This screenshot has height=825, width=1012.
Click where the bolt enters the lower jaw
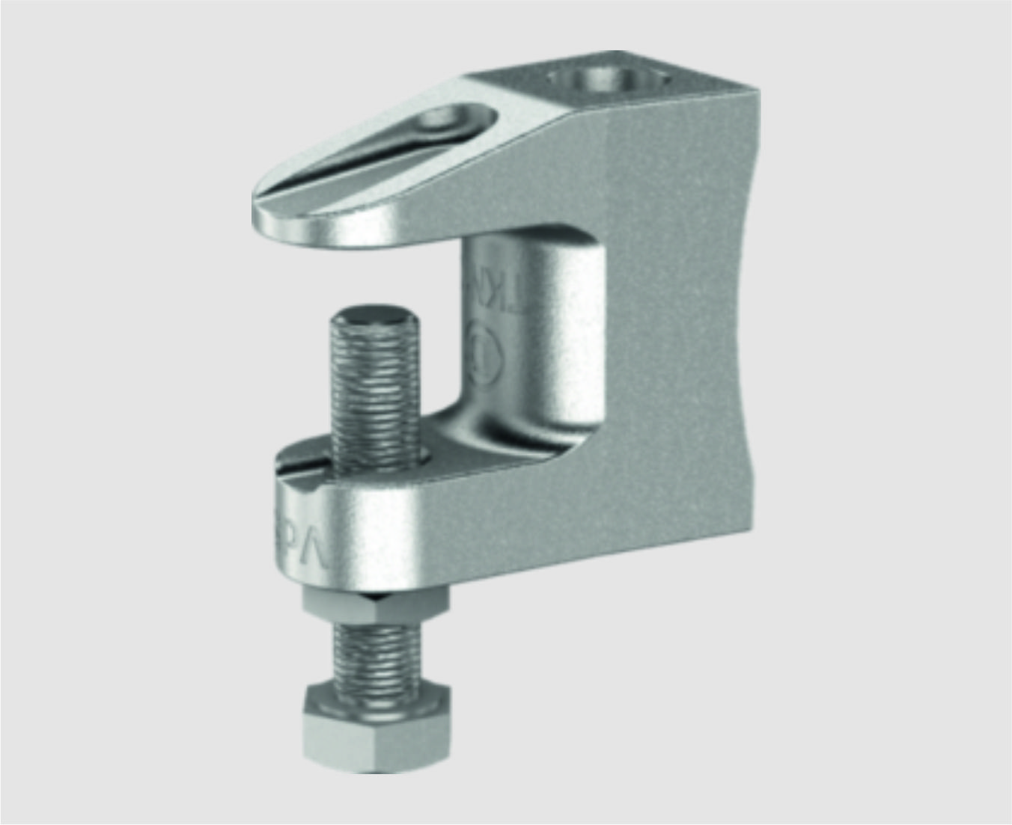point(382,456)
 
